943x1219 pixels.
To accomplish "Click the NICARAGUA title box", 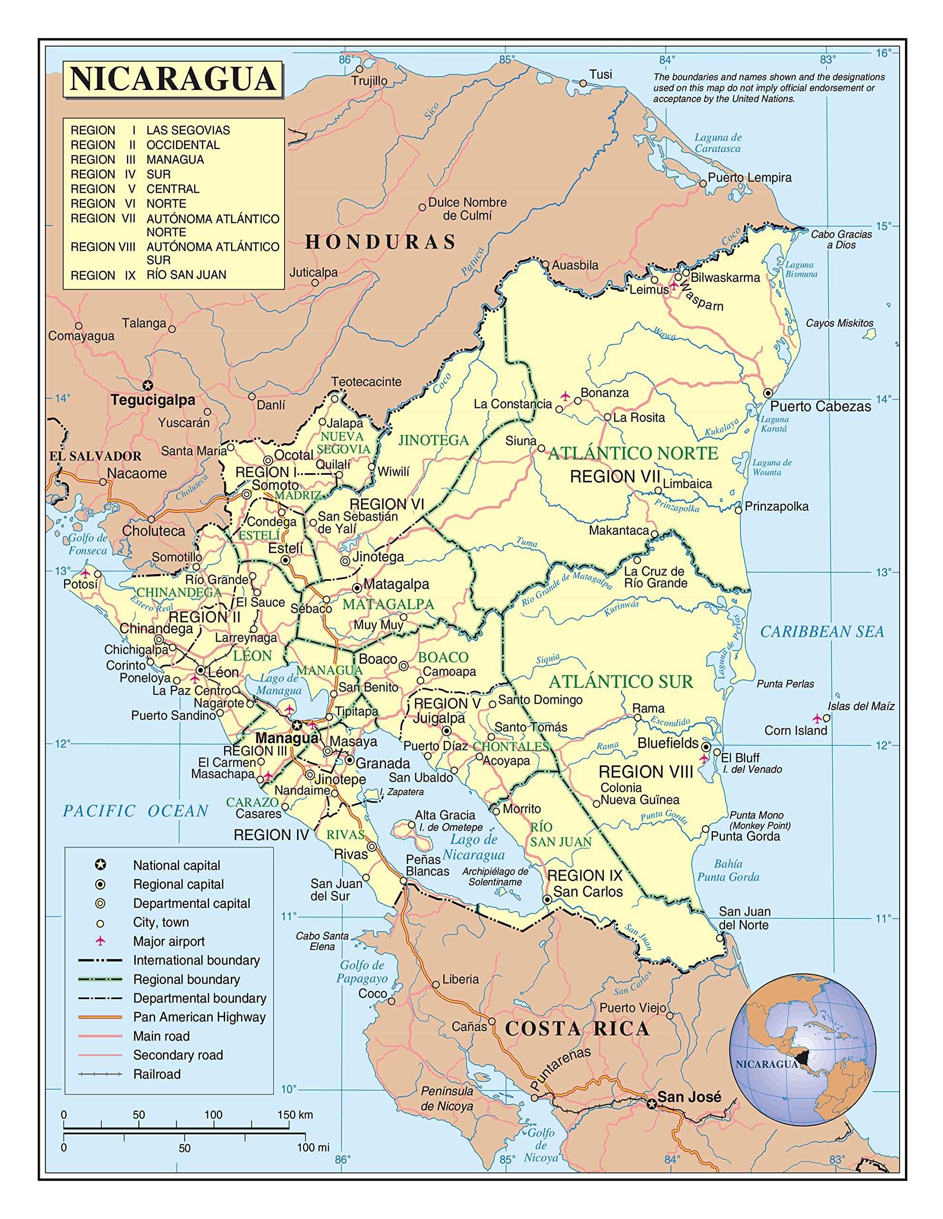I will pyautogui.click(x=172, y=79).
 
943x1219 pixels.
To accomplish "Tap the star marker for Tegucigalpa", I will pyautogui.click(x=147, y=385).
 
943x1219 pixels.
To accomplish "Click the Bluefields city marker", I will pyautogui.click(x=706, y=746).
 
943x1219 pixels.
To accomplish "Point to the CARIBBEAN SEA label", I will pyautogui.click(x=822, y=631).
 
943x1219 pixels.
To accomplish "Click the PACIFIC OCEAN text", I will pyautogui.click(x=136, y=810).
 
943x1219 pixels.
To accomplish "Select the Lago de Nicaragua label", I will pyautogui.click(x=473, y=847).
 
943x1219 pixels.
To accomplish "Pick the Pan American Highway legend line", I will pyautogui.click(x=100, y=1017).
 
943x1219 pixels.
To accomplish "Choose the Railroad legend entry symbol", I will pyautogui.click(x=100, y=1074).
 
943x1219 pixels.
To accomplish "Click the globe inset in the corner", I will pyautogui.click(x=803, y=1050).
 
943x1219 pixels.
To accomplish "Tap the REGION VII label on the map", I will pyautogui.click(x=615, y=477).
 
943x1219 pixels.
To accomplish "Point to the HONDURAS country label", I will pyautogui.click(x=380, y=242).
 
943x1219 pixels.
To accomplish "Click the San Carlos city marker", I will pyautogui.click(x=547, y=900).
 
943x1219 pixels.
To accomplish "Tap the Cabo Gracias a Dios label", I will pyautogui.click(x=841, y=240).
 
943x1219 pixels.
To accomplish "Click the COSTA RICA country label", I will pyautogui.click(x=577, y=1028).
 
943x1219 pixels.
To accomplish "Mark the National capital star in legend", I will pyautogui.click(x=100, y=865).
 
